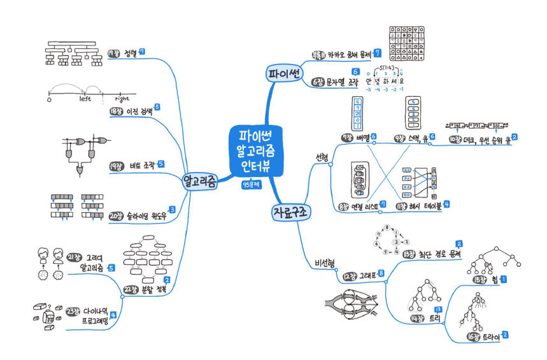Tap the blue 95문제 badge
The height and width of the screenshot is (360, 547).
coord(254,185)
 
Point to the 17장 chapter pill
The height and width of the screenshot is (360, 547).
coord(115,53)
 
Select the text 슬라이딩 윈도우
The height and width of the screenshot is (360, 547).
coord(147,216)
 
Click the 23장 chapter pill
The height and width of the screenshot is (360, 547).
coord(72,312)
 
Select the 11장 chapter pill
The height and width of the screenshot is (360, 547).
coord(402,206)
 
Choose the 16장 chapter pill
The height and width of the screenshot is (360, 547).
coord(474,336)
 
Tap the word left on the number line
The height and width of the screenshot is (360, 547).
coord(85,99)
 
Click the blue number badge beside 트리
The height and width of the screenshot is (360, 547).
coord(438,310)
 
